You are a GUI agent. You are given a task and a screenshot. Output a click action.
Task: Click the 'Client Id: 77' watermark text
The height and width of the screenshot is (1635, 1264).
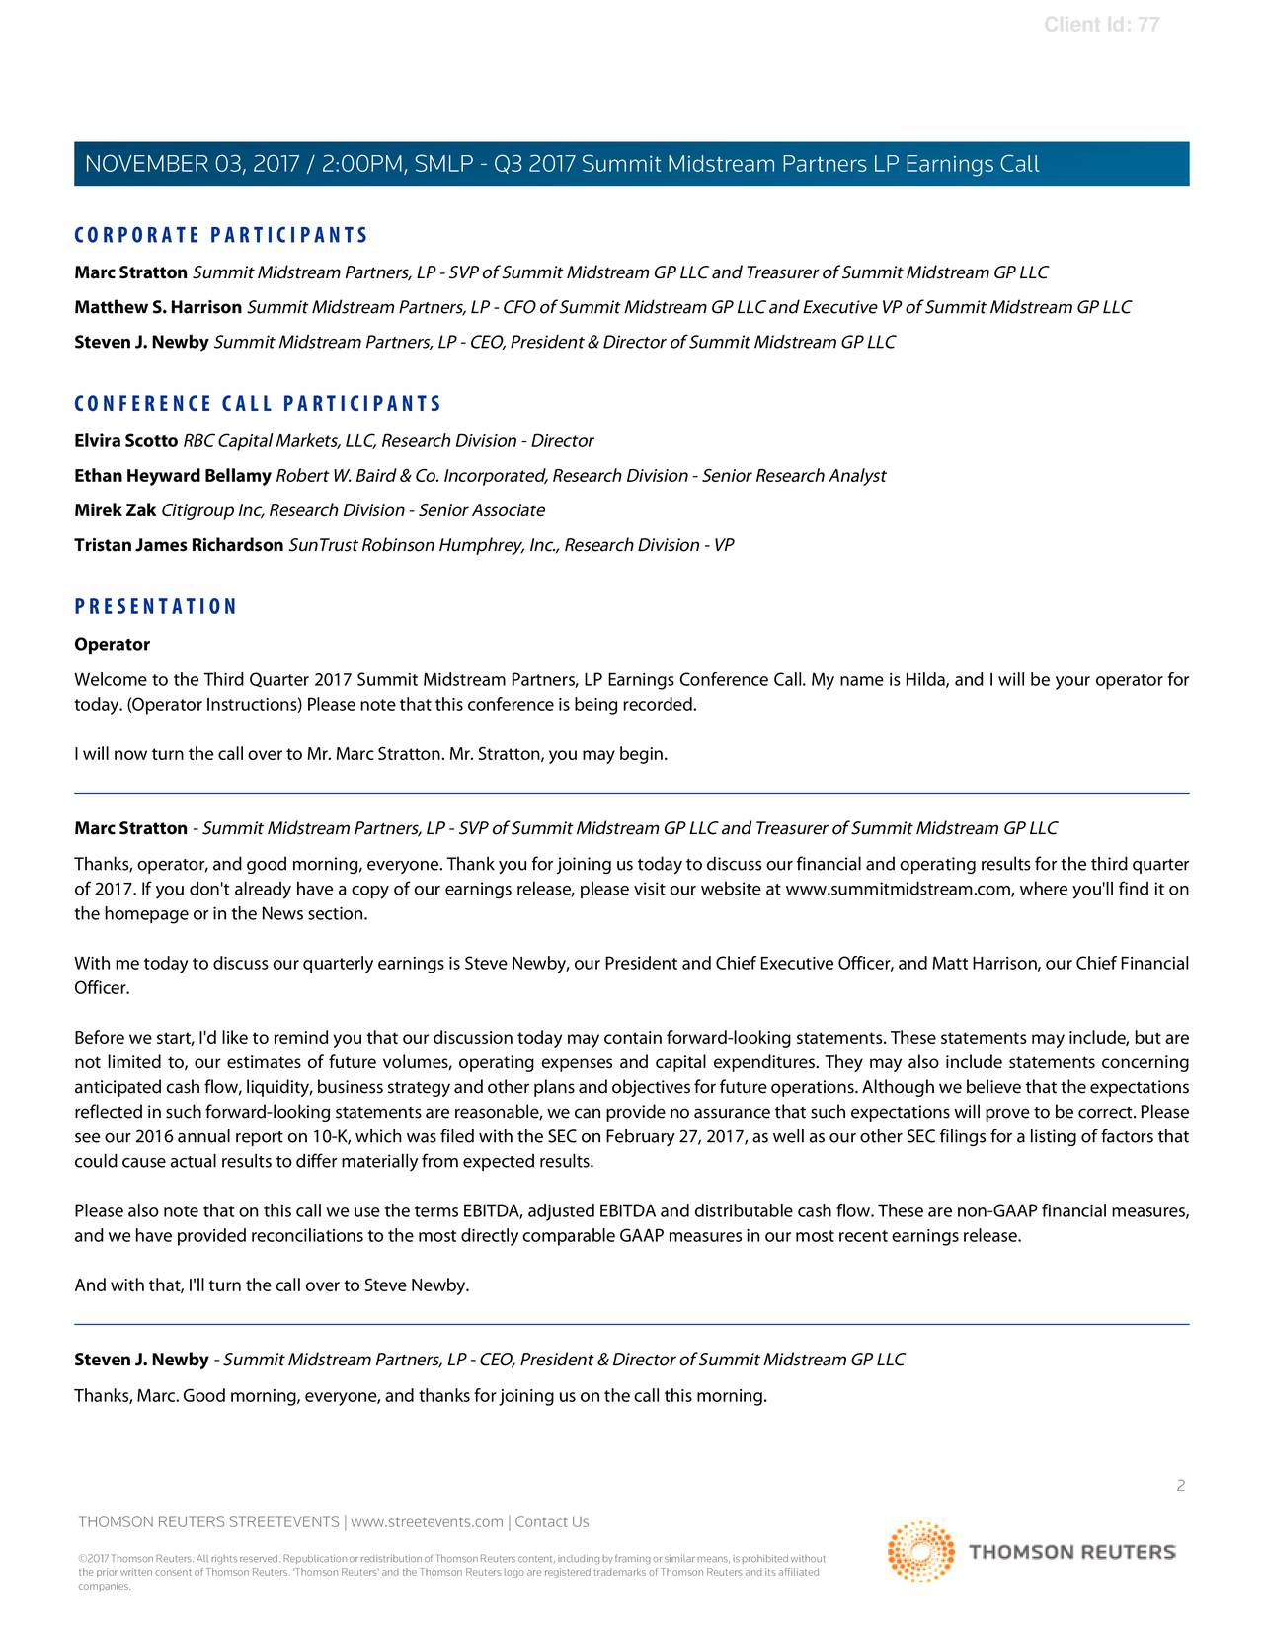[1101, 25]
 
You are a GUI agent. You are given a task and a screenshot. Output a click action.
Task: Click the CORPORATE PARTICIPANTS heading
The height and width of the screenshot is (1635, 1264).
[221, 235]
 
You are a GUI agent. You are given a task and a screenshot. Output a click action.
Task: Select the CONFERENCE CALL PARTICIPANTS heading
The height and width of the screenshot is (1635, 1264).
[258, 404]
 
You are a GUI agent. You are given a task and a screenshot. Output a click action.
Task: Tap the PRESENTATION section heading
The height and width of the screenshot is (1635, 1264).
[156, 607]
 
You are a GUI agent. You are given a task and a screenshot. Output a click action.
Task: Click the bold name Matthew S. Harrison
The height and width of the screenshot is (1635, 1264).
[158, 307]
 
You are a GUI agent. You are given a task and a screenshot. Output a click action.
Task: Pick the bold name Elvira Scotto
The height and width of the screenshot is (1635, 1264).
[125, 440]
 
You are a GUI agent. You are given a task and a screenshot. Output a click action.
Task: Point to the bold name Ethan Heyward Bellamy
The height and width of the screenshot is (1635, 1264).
[173, 476]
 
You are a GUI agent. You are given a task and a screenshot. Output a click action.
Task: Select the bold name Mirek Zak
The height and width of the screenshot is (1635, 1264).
[115, 510]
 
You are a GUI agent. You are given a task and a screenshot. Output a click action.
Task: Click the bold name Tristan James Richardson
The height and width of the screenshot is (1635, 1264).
[179, 545]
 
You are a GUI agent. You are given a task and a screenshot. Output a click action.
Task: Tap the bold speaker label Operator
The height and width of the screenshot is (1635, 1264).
[112, 645]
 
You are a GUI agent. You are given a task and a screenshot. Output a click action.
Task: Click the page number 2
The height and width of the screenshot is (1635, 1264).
[1180, 1486]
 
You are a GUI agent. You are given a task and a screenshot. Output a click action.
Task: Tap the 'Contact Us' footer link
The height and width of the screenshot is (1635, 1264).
[552, 1521]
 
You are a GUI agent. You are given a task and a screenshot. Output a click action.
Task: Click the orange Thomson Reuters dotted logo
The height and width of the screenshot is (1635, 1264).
[920, 1552]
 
